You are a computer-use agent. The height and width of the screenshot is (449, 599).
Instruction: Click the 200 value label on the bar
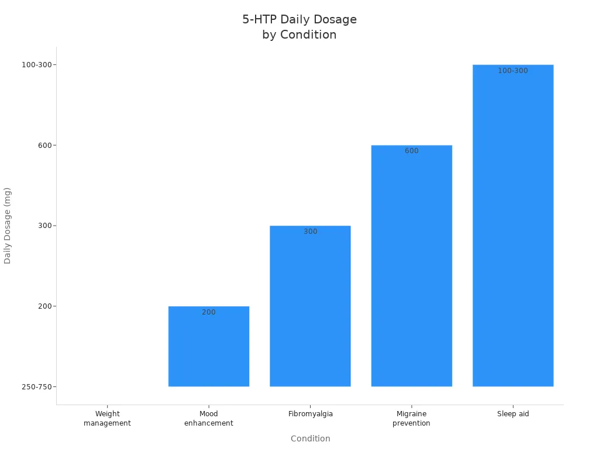[209, 312]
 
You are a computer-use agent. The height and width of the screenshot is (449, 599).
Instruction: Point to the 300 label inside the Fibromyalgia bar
[311, 232]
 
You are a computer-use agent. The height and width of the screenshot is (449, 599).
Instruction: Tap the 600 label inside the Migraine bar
[412, 151]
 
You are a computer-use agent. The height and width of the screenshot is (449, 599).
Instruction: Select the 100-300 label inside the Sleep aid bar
[513, 71]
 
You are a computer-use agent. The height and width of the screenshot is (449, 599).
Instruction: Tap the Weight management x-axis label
[107, 418]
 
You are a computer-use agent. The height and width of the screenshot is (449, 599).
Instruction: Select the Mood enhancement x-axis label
[209, 418]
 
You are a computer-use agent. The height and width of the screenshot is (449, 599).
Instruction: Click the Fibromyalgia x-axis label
[311, 414]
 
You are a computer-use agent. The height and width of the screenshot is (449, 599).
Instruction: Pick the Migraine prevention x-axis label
[411, 418]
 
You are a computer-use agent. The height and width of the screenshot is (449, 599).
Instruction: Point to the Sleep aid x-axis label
[513, 414]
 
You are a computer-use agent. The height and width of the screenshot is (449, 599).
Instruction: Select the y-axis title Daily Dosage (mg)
[8, 225]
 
